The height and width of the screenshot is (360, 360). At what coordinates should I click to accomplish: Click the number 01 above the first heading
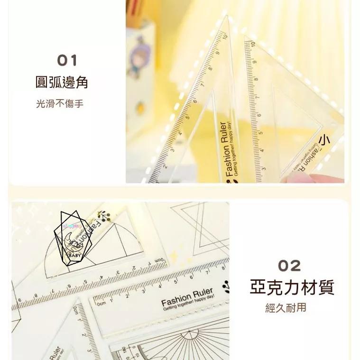[x=67, y=61]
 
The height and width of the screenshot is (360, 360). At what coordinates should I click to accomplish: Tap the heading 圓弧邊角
[x=62, y=83]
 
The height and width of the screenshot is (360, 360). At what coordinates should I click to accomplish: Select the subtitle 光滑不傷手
[x=60, y=103]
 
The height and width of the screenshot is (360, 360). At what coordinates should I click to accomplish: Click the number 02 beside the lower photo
[x=289, y=266]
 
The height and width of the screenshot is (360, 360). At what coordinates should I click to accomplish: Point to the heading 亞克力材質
[x=292, y=287]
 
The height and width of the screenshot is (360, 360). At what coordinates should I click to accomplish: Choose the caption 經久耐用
[x=286, y=308]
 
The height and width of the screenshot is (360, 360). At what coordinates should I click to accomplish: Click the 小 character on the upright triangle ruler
[x=324, y=140]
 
